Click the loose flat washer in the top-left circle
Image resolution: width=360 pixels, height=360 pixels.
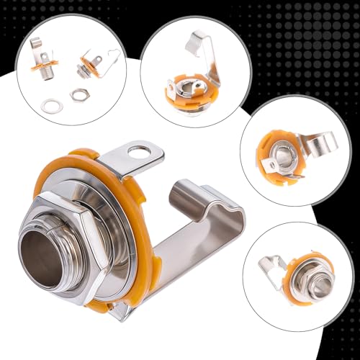coord(51,107)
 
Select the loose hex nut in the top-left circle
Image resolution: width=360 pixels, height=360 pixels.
coord(77,94)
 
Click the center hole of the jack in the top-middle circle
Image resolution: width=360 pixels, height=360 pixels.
coord(188,93)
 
